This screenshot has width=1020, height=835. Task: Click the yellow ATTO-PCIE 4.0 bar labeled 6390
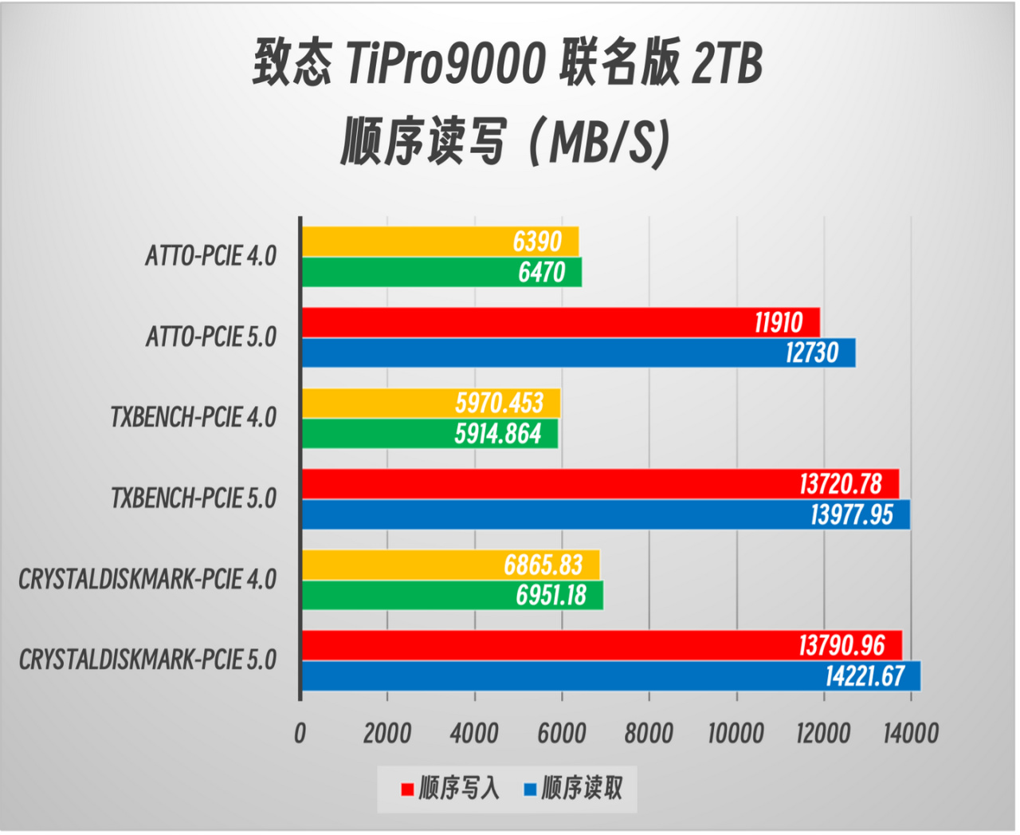click(440, 242)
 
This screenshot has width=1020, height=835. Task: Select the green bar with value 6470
click(441, 273)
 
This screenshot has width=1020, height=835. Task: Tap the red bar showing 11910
click(560, 322)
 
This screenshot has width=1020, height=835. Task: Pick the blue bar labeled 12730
click(578, 353)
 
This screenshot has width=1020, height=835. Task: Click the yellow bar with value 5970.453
click(430, 403)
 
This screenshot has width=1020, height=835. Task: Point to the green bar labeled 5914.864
click(430, 434)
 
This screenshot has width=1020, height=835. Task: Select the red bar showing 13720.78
click(599, 484)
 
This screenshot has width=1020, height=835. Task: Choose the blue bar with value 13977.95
click(605, 515)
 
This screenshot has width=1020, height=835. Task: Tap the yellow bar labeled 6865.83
click(450, 565)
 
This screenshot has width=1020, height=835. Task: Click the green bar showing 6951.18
click(452, 596)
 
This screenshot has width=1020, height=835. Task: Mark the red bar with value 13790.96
click(601, 645)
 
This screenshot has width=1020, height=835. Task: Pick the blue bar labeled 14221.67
click(610, 676)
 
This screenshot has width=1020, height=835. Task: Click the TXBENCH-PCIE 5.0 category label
click(194, 498)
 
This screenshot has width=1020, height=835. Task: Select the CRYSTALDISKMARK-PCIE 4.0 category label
click(147, 579)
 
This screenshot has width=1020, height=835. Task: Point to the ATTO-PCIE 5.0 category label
click(211, 337)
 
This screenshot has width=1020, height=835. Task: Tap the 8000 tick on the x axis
click(649, 733)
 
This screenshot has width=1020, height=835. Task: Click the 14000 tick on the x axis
click(910, 733)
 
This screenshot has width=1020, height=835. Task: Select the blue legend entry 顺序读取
click(574, 789)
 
